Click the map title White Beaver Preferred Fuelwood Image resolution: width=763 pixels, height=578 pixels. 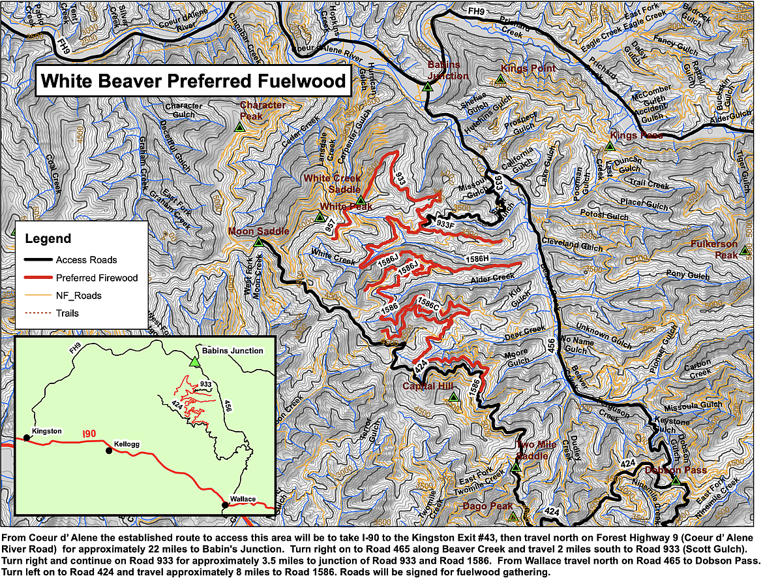click(x=193, y=80)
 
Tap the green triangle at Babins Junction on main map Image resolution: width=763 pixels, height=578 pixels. click(x=428, y=86)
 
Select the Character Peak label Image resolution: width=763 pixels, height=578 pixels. click(x=262, y=110)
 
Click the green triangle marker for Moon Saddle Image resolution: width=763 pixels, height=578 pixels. click(x=258, y=242)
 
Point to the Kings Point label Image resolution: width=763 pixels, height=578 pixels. click(x=528, y=69)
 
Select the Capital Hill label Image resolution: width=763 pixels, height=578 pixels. click(x=427, y=387)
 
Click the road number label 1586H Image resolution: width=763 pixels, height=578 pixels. click(x=477, y=259)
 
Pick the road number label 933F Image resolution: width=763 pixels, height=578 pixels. click(x=445, y=224)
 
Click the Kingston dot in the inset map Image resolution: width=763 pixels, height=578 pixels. click(x=27, y=438)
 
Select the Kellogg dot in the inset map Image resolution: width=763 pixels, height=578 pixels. click(x=109, y=450)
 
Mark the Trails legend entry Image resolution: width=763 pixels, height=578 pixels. click(x=67, y=313)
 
